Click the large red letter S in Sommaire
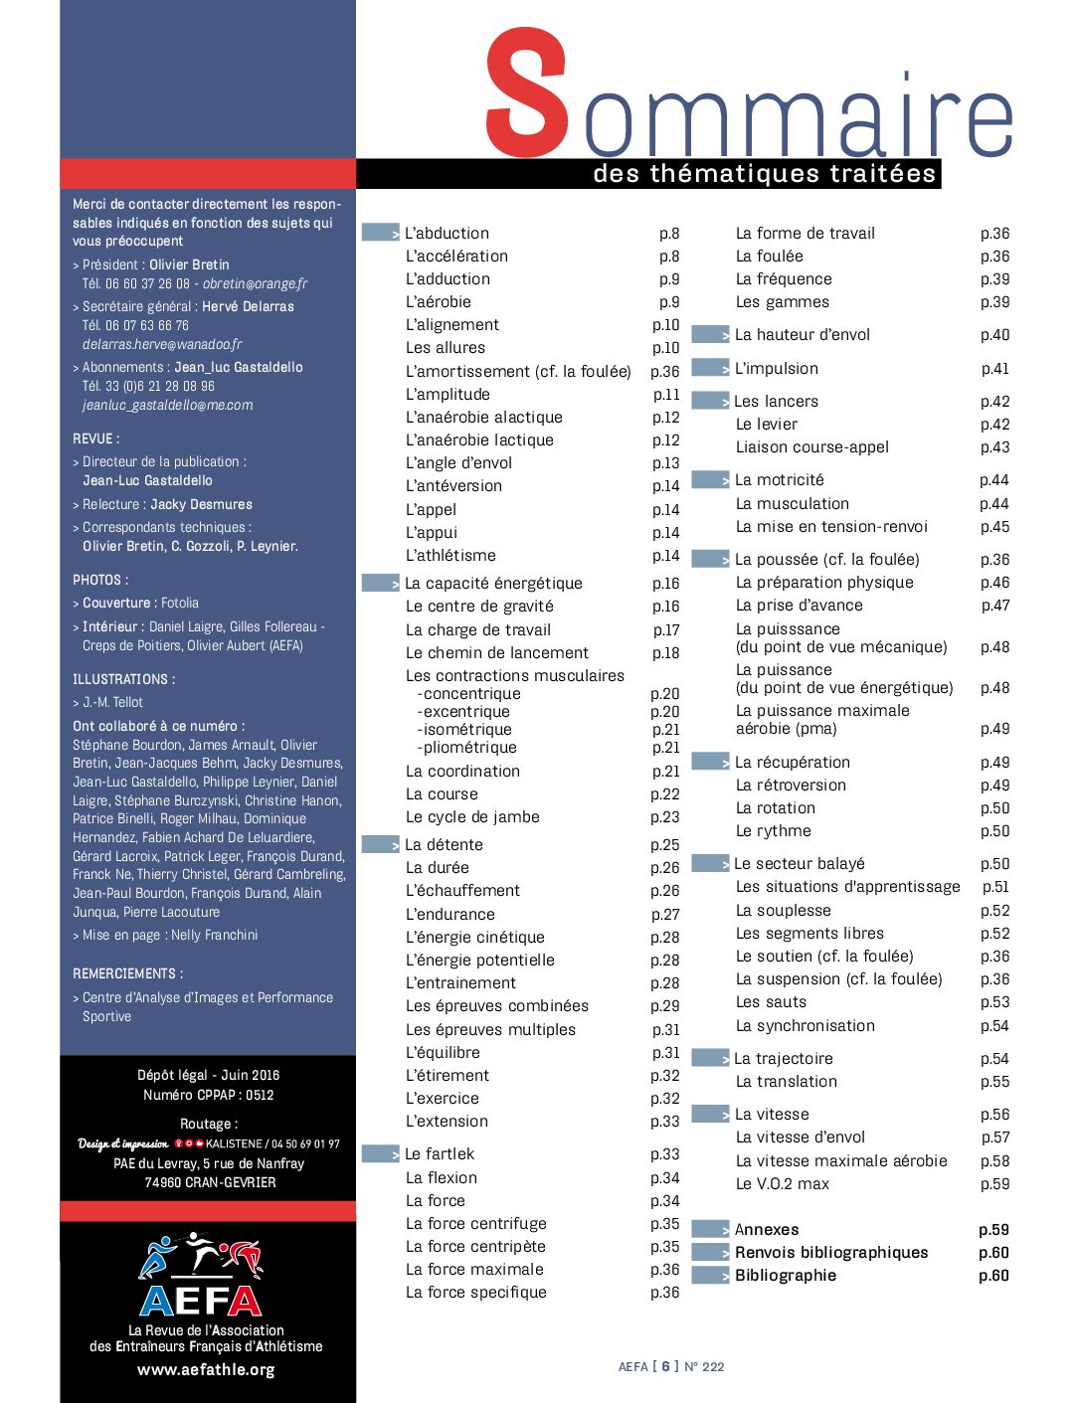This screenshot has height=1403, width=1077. (527, 93)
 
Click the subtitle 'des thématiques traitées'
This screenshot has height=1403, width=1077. (764, 174)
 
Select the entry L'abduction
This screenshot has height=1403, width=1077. (447, 234)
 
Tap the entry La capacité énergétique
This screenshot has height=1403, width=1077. (493, 584)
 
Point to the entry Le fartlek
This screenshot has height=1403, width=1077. (440, 1154)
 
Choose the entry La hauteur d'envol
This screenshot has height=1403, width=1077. (802, 335)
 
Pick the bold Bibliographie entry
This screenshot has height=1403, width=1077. (785, 1276)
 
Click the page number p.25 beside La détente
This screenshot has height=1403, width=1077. (665, 845)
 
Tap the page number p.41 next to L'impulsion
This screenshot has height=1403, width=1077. (994, 369)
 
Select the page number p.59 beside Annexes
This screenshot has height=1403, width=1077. (993, 1230)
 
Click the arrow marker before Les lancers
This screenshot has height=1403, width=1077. (711, 401)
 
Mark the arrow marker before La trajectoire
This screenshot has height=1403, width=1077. (711, 1058)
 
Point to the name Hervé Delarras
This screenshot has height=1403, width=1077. (248, 306)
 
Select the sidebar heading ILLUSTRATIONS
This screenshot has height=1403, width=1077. (123, 680)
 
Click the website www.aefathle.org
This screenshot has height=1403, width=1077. (206, 1370)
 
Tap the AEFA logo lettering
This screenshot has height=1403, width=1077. (201, 1300)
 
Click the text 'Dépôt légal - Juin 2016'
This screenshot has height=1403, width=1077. (208, 1075)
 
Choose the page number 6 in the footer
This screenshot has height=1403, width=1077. (666, 1366)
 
